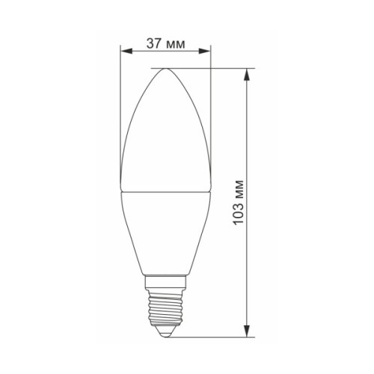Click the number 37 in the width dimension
pos(154,43)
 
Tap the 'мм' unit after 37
pos(176,43)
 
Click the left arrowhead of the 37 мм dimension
pos(125,52)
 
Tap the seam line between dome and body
pos(166,188)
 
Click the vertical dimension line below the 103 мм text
pos(248,284)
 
